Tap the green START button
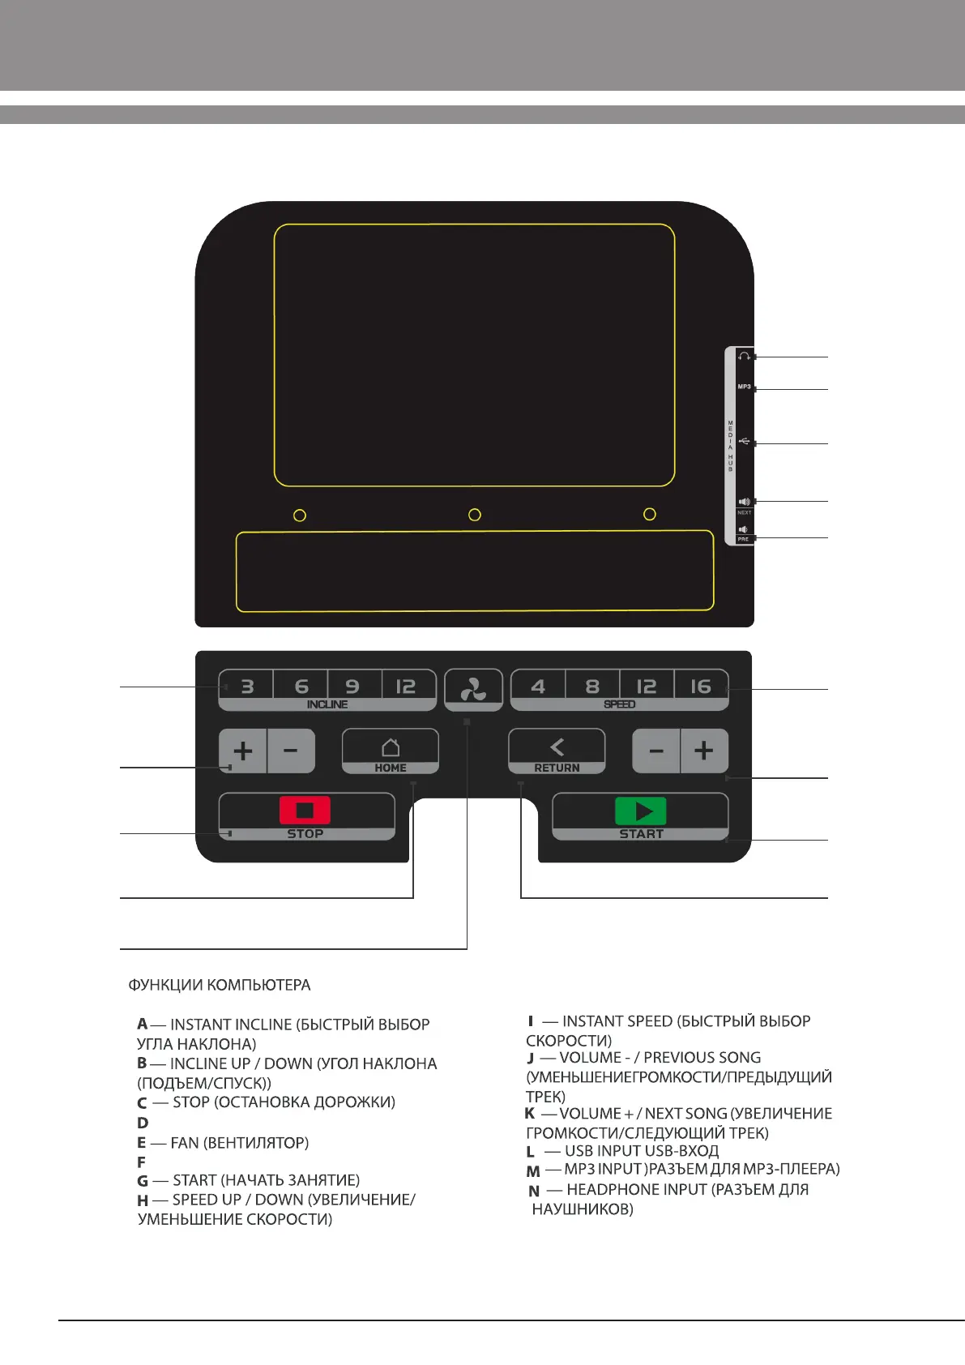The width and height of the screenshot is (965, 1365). (x=640, y=815)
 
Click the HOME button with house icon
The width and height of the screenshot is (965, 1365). (x=391, y=751)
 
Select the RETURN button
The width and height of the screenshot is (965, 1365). (x=557, y=751)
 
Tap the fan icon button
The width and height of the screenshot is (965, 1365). (x=473, y=690)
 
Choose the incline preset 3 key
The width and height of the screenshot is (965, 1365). (x=247, y=687)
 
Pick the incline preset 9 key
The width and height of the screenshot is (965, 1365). (x=352, y=687)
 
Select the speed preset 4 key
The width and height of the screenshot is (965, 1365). (x=538, y=687)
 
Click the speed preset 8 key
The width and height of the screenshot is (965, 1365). (x=592, y=687)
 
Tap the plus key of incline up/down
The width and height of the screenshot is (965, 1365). (x=242, y=751)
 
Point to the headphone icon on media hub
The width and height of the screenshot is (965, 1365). (x=744, y=357)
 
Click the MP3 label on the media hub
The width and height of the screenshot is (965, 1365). (x=744, y=387)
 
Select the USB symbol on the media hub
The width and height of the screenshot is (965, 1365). (x=744, y=442)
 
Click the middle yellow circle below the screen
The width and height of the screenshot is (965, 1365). (x=475, y=515)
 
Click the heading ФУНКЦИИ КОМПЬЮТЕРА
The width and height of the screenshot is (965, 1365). (x=219, y=986)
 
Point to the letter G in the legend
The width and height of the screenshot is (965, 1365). (x=143, y=1181)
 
